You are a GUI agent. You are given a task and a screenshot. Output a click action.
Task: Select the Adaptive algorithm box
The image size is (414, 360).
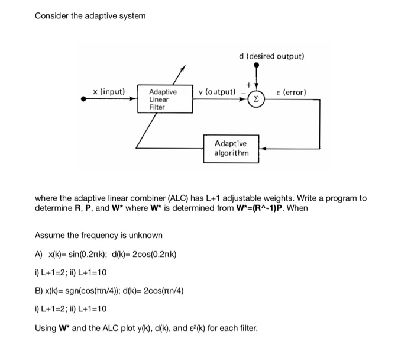tap(231, 148)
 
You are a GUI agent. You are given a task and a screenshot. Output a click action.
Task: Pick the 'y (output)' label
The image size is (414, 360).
tap(217, 92)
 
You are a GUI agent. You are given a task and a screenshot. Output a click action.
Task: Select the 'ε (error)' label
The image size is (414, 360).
tap(292, 92)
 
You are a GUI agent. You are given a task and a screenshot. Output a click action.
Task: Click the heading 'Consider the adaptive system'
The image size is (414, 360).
tap(90, 15)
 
